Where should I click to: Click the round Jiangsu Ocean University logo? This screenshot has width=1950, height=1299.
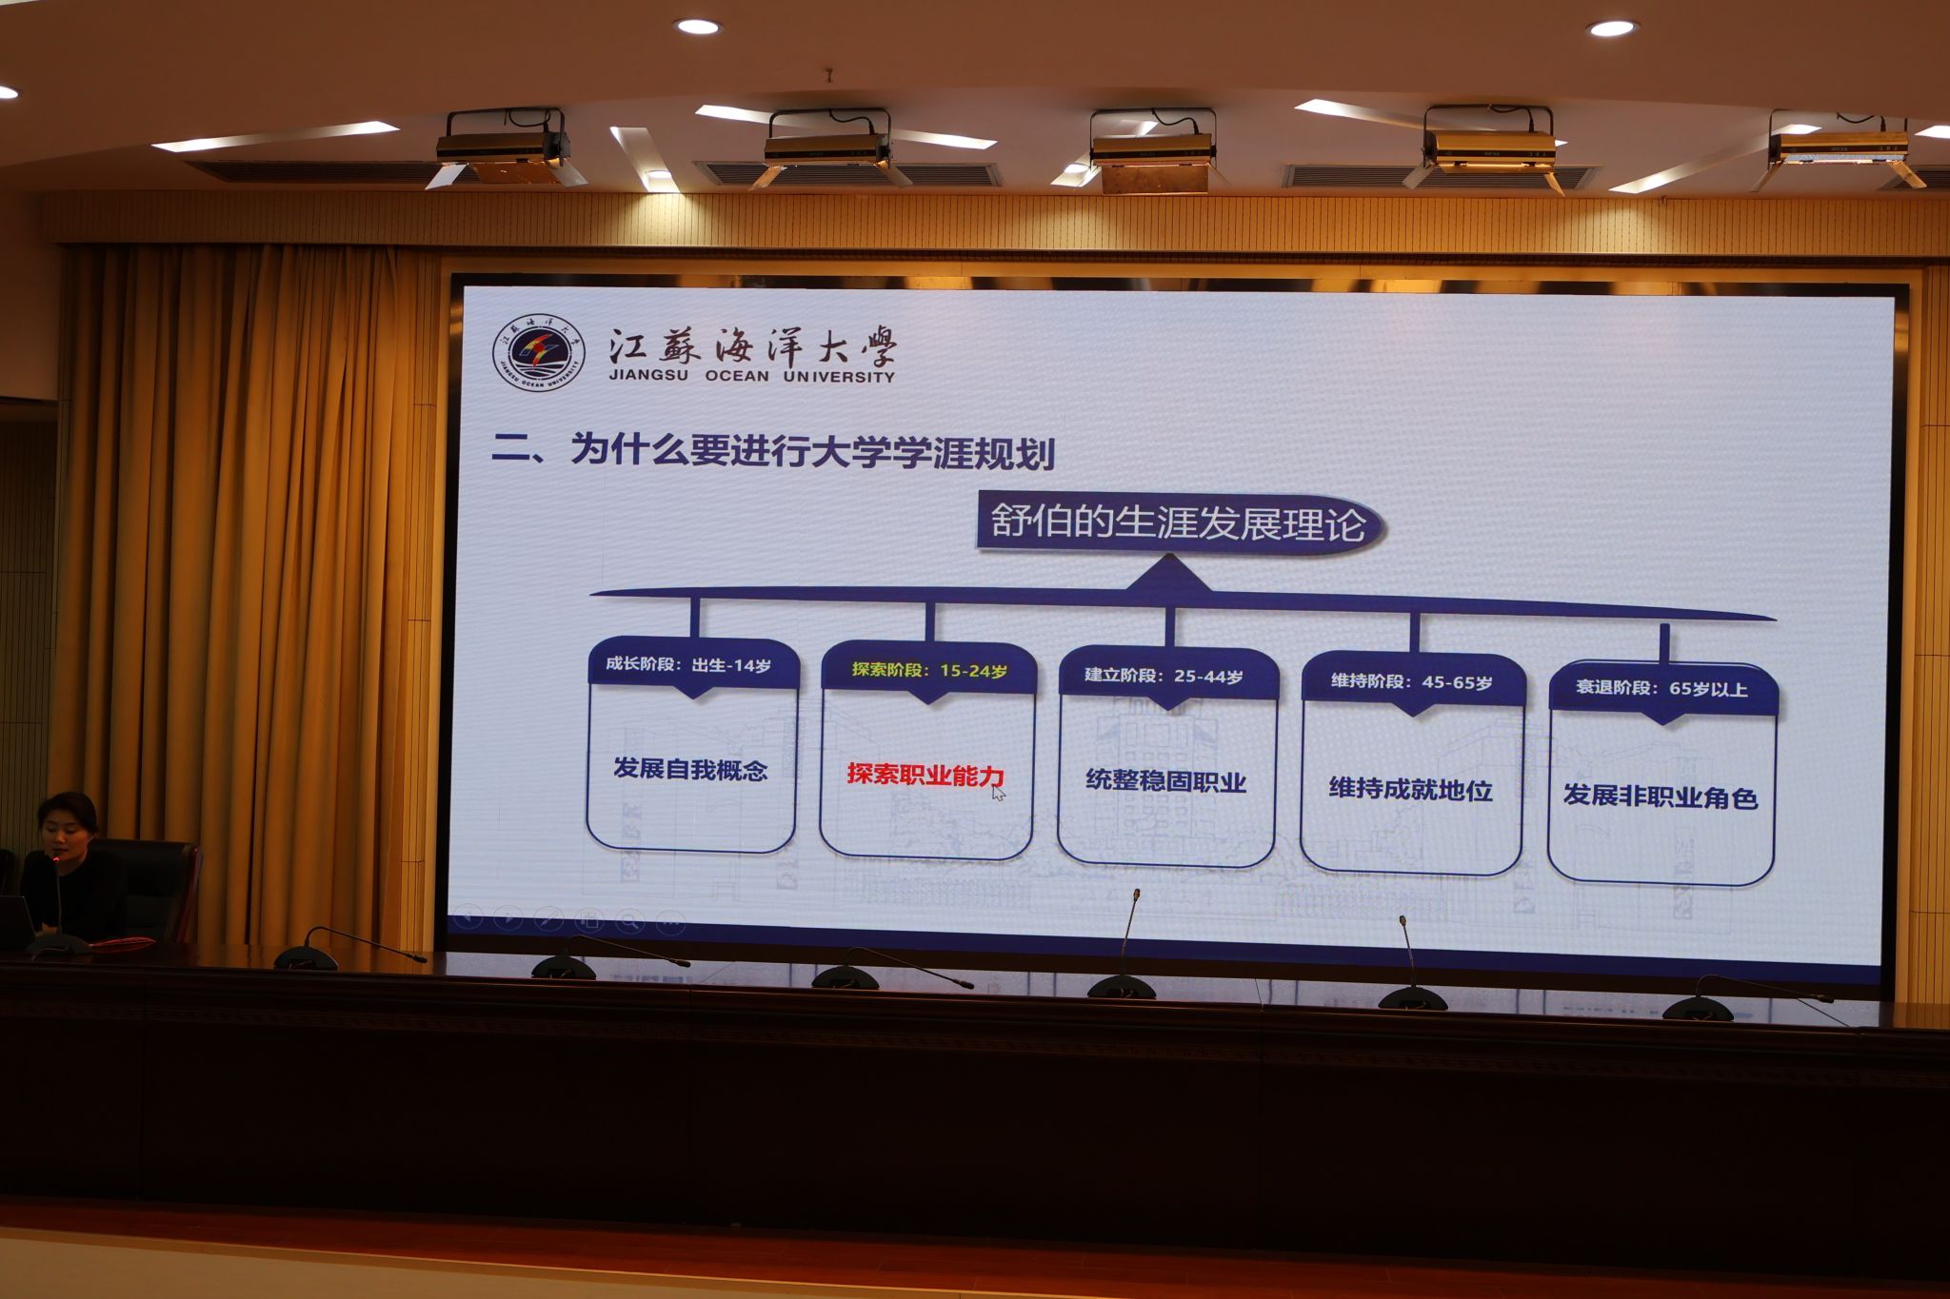539,353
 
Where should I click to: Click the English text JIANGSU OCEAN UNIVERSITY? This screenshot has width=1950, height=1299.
752,376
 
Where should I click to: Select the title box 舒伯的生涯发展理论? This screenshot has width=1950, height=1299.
1180,523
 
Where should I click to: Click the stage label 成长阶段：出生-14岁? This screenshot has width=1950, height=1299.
688,664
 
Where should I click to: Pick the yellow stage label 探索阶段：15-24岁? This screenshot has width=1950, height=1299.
929,670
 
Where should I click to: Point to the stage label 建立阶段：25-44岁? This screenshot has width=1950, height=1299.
1164,676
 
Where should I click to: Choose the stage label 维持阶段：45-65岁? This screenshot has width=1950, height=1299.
1411,681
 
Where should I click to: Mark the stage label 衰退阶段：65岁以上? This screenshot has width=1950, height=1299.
1661,688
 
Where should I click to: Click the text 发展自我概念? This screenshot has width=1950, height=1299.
690,769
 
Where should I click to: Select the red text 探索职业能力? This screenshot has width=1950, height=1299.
925,776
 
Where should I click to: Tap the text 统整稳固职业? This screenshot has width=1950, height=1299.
1166,781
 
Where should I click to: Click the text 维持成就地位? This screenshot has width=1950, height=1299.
1410,789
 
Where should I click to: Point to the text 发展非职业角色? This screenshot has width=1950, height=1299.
1661,797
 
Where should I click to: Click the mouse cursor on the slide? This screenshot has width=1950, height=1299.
998,793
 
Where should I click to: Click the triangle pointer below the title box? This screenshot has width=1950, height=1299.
1169,573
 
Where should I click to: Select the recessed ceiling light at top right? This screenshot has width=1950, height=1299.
1611,29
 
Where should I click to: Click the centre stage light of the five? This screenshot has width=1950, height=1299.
1153,149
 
